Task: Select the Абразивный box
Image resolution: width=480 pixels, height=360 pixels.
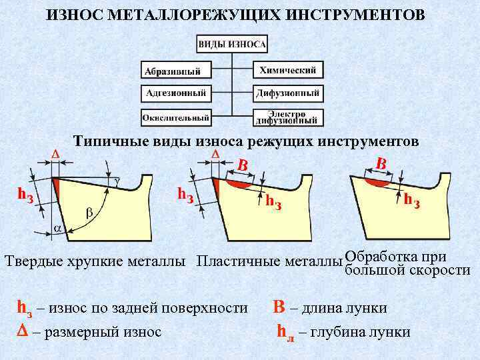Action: click(176, 70)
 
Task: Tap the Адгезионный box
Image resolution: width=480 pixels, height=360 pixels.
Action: click(176, 93)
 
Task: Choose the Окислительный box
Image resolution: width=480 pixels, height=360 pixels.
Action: click(176, 117)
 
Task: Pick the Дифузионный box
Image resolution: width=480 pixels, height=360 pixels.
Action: click(288, 93)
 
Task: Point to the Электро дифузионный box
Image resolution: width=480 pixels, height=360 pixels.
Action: click(288, 117)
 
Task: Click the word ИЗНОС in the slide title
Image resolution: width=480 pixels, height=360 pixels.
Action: click(73, 14)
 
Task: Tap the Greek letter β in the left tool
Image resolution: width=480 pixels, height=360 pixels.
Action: click(89, 213)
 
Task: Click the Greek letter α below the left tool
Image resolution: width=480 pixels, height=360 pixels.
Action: click(57, 228)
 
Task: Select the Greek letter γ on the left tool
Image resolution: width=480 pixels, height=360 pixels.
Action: click(117, 181)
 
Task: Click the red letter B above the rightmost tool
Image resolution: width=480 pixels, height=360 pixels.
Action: click(381, 163)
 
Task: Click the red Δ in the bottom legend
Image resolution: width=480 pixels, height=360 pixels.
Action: click(20, 330)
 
